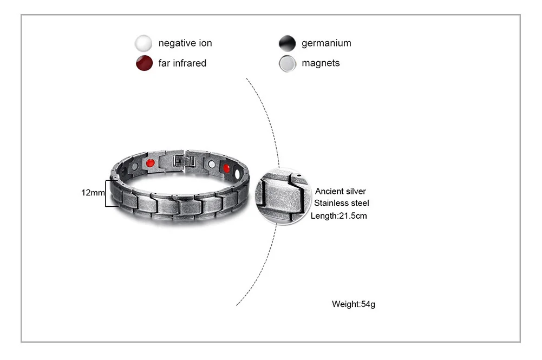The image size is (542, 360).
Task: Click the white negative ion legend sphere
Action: point(143,43)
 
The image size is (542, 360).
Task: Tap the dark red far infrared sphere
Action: point(143,63)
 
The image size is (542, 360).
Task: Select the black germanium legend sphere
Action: point(287,43)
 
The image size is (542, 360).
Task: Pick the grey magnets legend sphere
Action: point(287,63)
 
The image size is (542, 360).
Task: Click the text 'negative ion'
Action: point(185,43)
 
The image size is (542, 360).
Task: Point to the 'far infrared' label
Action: point(182,63)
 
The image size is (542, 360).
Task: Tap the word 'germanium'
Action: point(326,43)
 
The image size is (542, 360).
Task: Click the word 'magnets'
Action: point(321,63)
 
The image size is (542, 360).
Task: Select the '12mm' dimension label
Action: point(92,192)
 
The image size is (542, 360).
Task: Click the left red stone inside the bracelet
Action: point(151,162)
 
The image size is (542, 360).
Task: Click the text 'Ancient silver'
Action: point(341,191)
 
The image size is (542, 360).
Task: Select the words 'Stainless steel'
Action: point(342,204)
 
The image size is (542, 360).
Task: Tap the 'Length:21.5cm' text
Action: point(339,216)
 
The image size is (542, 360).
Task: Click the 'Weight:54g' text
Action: point(354,304)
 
